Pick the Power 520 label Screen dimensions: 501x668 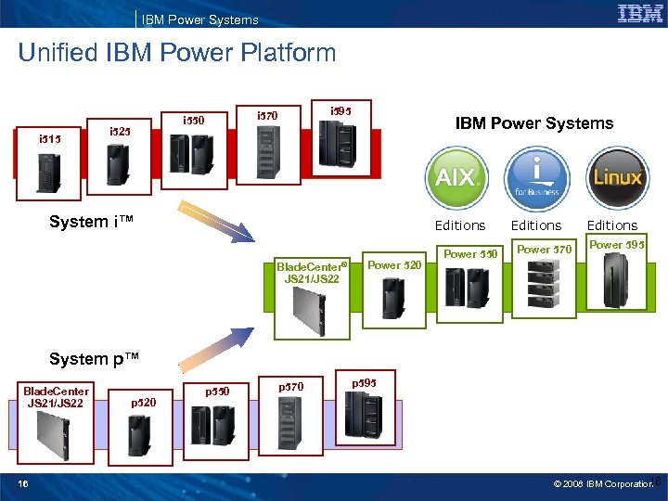(x=394, y=265)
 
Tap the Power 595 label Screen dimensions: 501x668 (x=617, y=245)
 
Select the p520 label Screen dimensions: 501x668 (x=144, y=402)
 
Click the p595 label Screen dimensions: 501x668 (x=365, y=381)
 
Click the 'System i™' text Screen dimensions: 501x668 (x=92, y=222)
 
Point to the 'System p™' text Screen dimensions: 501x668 (x=93, y=359)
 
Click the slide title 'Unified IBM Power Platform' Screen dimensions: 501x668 (x=177, y=53)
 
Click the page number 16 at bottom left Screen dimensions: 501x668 (x=23, y=482)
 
